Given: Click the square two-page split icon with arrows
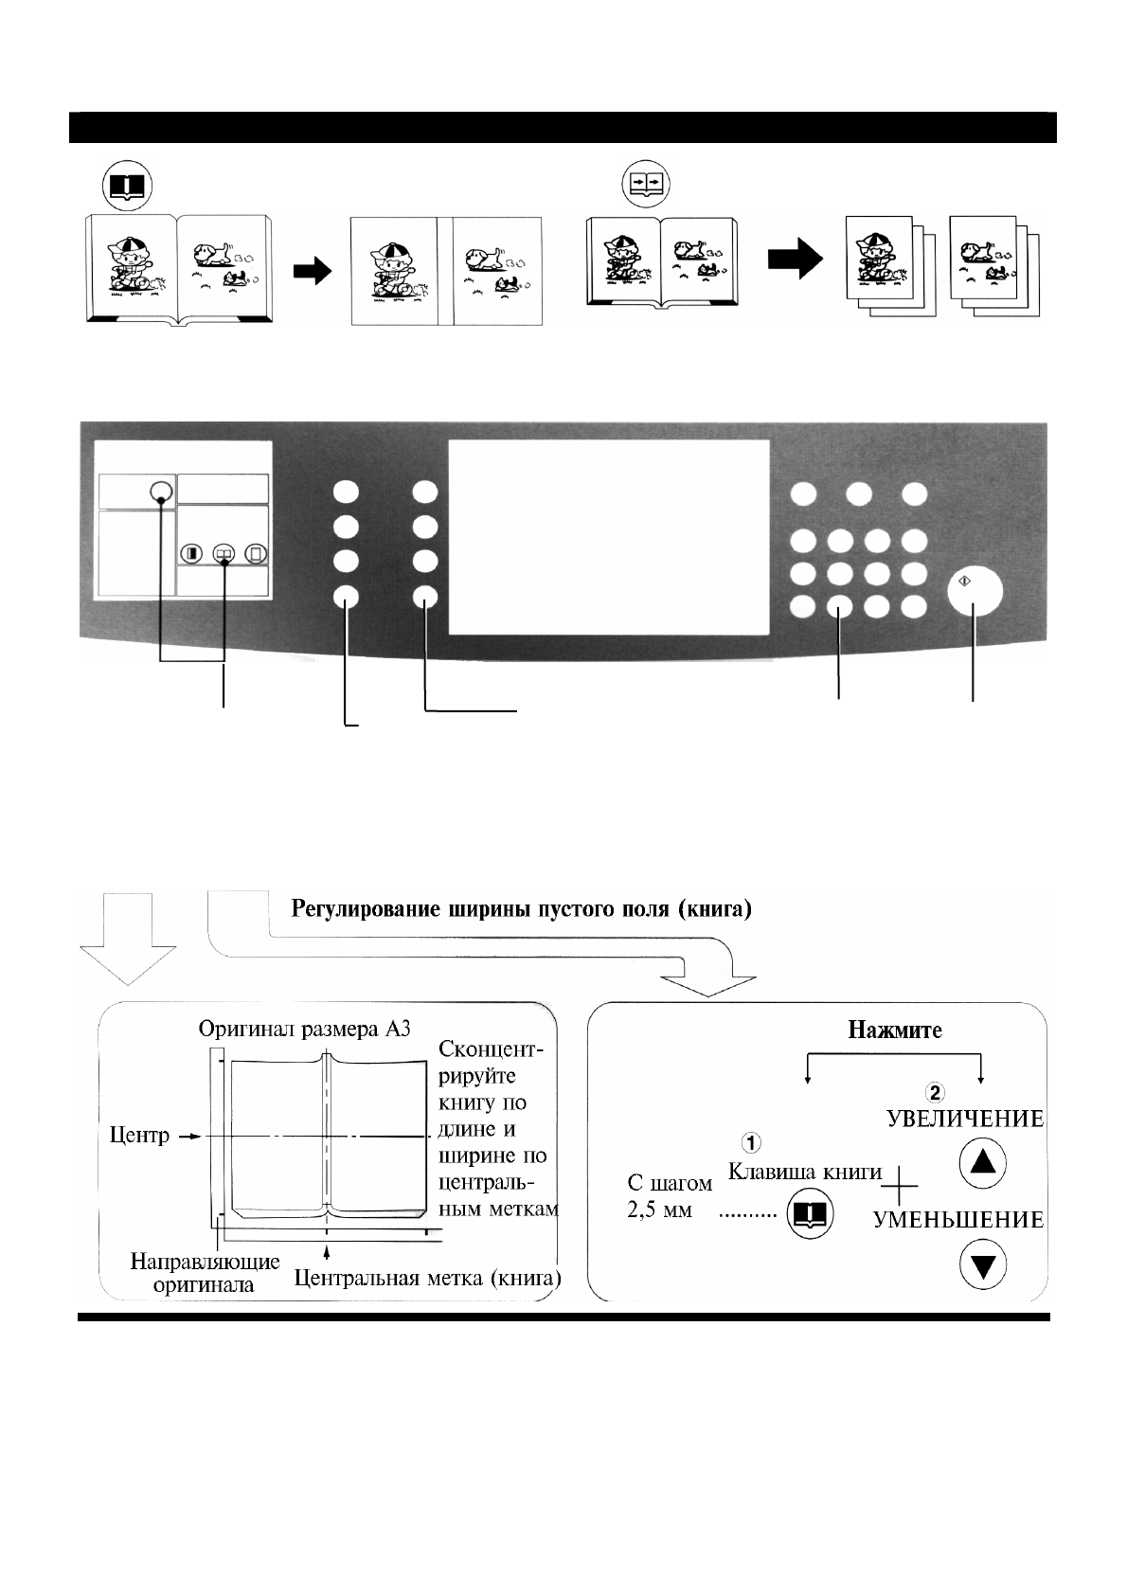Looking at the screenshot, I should pyautogui.click(x=645, y=184).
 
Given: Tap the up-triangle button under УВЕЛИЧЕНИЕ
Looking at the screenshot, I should pyautogui.click(x=982, y=1163).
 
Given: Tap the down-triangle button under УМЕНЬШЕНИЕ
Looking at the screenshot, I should pyautogui.click(x=982, y=1265).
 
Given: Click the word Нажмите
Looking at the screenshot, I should pyautogui.click(x=894, y=1030).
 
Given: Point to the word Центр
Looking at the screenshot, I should pyautogui.click(x=139, y=1135).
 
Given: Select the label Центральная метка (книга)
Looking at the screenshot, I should pyautogui.click(x=428, y=1279).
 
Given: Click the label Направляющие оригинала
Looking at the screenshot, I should pyautogui.click(x=205, y=1272).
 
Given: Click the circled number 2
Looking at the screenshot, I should pyautogui.click(x=934, y=1092).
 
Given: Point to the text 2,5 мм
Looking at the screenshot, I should pyautogui.click(x=659, y=1210).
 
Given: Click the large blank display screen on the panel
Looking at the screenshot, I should pyautogui.click(x=608, y=537).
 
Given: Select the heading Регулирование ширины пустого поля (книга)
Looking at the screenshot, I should pyautogui.click(x=522, y=911).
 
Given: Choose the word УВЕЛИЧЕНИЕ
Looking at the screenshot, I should pyautogui.click(x=964, y=1119).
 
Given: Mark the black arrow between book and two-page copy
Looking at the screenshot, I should pyautogui.click(x=312, y=272).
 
